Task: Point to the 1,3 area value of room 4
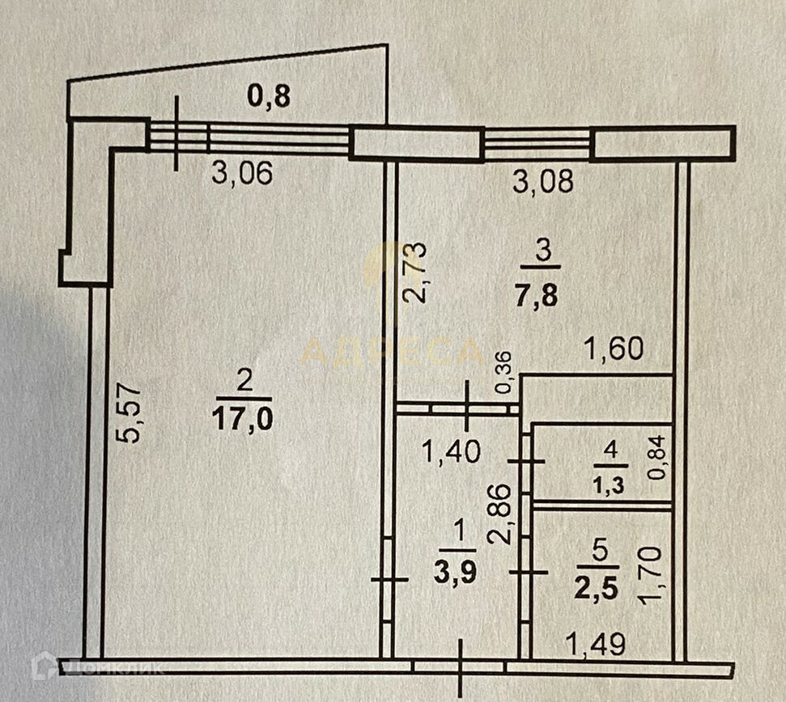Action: coord(610,485)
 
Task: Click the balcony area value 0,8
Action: coord(268,97)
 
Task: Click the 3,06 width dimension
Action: coord(240,172)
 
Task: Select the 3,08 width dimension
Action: coord(544,181)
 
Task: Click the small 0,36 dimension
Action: coord(503,373)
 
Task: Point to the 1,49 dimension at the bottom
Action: coord(596,644)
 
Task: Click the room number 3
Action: coord(544,253)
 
